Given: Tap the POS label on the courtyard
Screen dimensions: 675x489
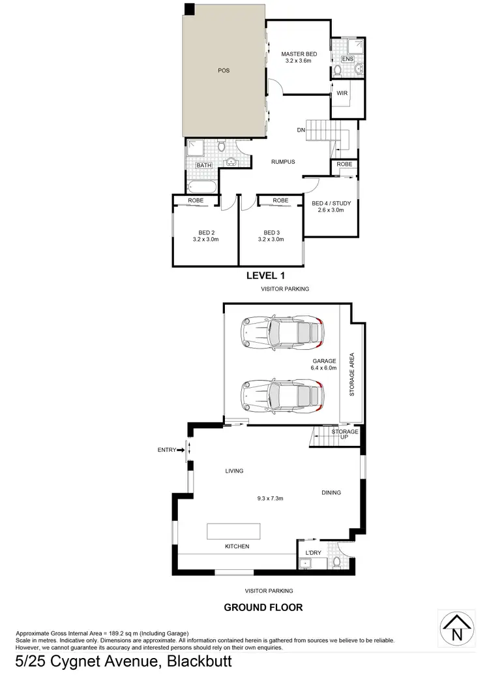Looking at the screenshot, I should [224, 71].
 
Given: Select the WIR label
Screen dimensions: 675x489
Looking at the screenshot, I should [342, 93].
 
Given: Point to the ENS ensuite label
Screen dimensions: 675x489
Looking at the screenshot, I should [347, 59].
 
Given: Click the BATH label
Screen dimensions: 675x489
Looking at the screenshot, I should [204, 165].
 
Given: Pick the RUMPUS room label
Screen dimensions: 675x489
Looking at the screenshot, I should [284, 162].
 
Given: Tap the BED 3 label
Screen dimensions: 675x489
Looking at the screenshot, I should [271, 236].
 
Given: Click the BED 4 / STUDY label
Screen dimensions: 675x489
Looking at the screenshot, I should [332, 207].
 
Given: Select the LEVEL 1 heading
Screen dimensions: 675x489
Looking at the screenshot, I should [264, 275].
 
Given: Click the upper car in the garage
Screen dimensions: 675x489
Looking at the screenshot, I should [282, 332].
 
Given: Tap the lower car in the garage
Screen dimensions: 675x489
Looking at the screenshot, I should [282, 394].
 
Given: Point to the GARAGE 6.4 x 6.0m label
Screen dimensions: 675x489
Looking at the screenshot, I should [324, 364].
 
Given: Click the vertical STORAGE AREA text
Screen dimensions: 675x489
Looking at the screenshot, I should [351, 375].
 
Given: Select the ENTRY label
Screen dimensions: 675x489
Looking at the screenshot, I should [167, 449].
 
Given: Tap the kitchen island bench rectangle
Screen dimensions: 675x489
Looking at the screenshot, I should [233, 531].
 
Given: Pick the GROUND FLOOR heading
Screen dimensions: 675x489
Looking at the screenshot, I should [263, 607].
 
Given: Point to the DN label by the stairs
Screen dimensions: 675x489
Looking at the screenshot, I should [301, 131].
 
